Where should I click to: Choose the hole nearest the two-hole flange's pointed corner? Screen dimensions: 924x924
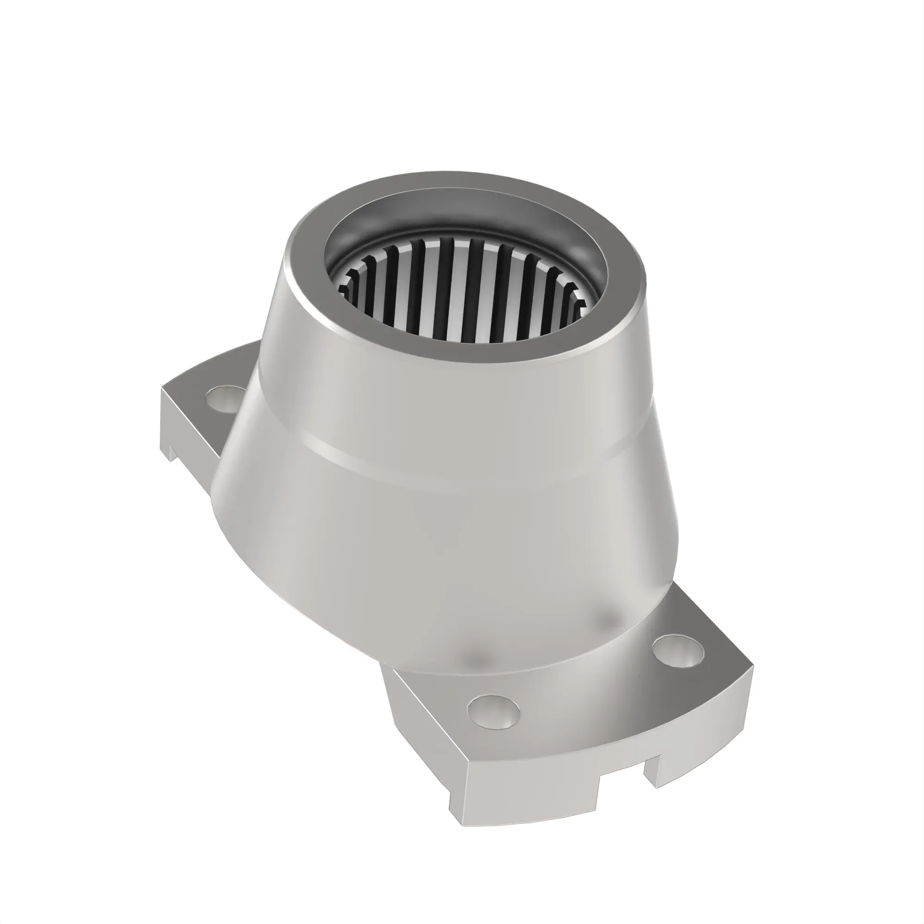pyautogui.click(x=678, y=651)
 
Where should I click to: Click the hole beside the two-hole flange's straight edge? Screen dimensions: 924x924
pyautogui.click(x=494, y=712)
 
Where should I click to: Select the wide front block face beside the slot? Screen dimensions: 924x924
pyautogui.click(x=526, y=789)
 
